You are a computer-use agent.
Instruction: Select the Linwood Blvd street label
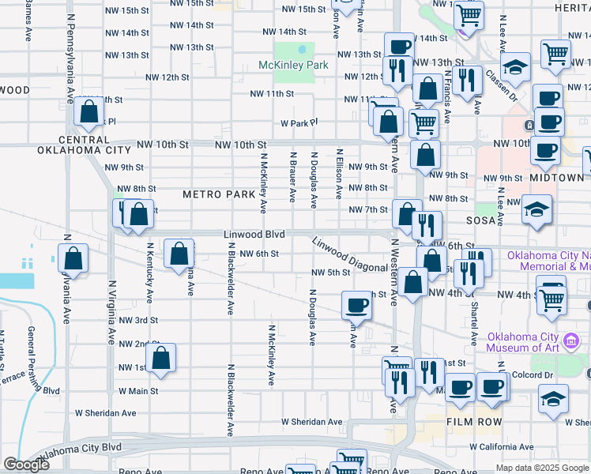[253, 235]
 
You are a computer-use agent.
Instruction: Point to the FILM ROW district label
[472, 422]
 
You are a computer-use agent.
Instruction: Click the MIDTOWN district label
[557, 178]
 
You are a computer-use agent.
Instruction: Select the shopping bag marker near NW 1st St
[161, 357]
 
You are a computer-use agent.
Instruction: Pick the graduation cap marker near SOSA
[537, 209]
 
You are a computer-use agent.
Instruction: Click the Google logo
[26, 465]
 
